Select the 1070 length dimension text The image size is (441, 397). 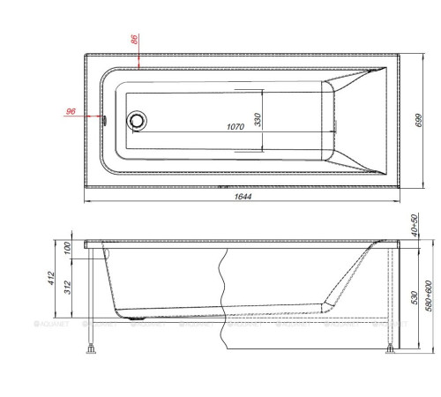coord(234,126)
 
